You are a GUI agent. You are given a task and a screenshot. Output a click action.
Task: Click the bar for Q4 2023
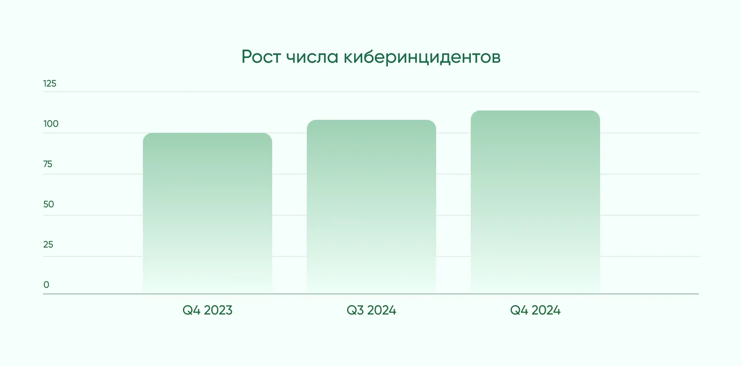coord(208,213)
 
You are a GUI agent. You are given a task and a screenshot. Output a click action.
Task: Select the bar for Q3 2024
coord(371,206)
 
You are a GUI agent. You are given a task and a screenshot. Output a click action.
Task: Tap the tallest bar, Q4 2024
coord(535,202)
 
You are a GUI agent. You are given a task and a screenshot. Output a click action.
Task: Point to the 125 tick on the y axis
coord(50,84)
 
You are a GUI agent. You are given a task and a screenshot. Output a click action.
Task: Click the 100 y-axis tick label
coord(51,124)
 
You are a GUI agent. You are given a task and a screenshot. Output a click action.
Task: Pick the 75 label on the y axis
coord(48,164)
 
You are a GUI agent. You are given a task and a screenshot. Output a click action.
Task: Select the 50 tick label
coord(49,205)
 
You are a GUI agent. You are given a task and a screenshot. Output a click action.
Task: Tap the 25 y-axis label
coord(48,245)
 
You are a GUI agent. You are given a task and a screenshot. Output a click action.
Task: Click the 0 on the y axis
coord(46,285)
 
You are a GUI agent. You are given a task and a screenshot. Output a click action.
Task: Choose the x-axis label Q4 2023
coord(208,310)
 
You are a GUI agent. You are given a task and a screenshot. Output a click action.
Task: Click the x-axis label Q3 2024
coord(371,310)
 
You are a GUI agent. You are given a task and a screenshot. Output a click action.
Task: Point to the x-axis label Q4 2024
coord(535,310)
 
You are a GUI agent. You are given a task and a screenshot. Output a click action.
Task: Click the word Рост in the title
coord(261,57)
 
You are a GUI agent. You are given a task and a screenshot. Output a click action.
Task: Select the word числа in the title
coord(312,57)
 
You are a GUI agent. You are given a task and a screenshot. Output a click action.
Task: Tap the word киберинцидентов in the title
coord(422,57)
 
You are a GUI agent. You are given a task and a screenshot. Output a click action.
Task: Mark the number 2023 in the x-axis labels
coord(218,310)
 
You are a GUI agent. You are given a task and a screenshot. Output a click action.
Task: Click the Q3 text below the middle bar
coord(355,310)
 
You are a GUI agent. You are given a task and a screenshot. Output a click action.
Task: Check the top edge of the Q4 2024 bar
coord(535,111)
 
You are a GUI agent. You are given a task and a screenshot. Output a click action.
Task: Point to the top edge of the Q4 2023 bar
coord(208,134)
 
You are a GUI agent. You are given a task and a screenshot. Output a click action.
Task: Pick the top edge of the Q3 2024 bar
coord(371,121)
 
